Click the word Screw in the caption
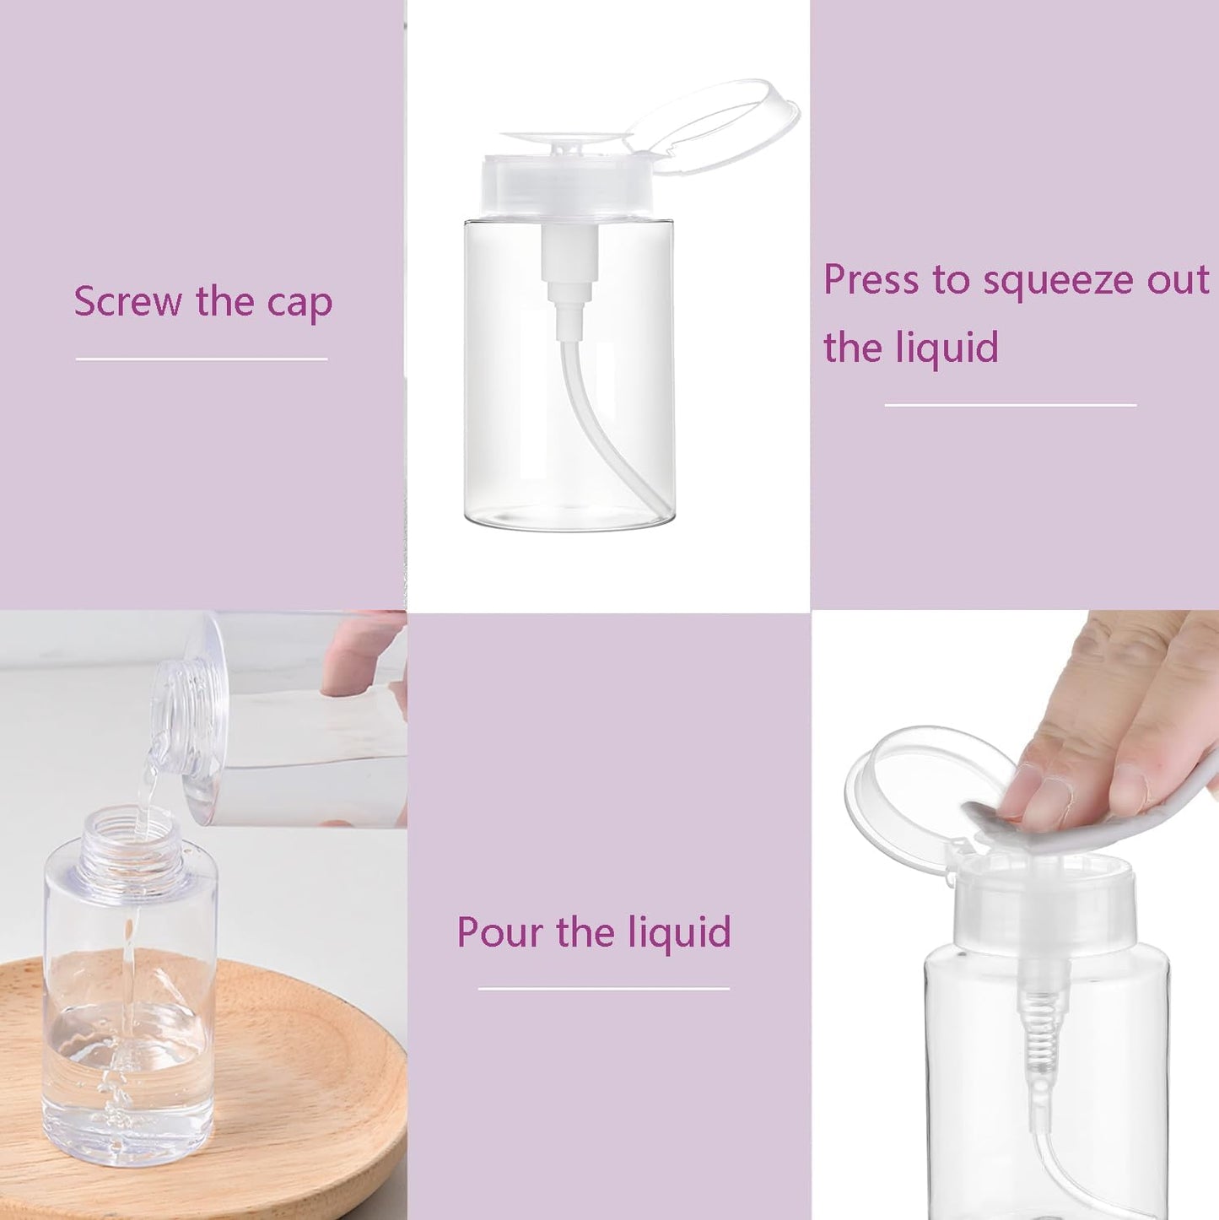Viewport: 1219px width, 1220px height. click(x=127, y=301)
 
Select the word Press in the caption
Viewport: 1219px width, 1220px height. click(x=871, y=280)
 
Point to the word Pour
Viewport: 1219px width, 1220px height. click(x=499, y=932)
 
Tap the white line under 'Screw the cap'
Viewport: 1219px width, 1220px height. click(x=202, y=359)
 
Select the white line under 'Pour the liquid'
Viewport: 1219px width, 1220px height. click(x=603, y=988)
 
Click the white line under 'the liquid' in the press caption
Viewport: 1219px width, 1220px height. click(x=1010, y=405)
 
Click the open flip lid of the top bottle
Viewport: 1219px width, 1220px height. click(x=717, y=127)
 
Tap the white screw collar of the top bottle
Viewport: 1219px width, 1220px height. click(x=567, y=186)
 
